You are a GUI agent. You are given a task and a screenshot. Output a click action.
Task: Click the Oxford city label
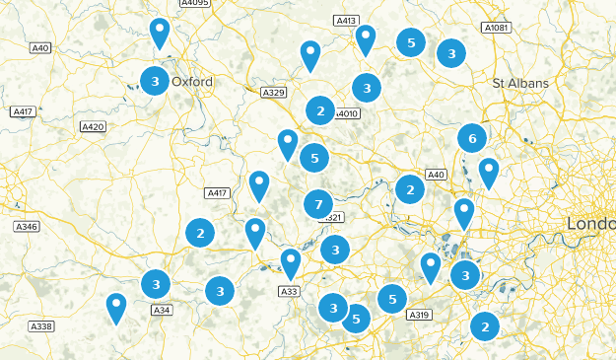point(192,82)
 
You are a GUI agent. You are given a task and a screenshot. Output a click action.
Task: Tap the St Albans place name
point(520,84)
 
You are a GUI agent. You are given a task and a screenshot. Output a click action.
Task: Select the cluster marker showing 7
point(317,204)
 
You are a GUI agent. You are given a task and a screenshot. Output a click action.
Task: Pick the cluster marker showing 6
point(472,138)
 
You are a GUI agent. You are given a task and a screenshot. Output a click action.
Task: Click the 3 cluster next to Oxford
point(153,80)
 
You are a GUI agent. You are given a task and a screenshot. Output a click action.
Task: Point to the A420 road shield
point(93,126)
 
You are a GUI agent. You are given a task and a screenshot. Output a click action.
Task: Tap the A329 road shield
point(273,92)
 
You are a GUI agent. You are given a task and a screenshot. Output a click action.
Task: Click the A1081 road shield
point(498,29)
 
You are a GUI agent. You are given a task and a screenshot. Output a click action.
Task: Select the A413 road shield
point(345,20)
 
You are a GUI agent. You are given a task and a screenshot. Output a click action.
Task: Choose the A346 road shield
point(27,227)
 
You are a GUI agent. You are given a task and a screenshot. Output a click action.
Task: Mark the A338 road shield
point(40,326)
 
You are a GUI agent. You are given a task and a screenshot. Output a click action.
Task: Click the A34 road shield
point(162,310)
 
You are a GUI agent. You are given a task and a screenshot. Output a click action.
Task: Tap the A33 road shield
point(289,291)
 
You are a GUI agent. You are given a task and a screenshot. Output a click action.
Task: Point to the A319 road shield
point(418,315)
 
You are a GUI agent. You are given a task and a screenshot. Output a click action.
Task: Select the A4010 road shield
point(346,113)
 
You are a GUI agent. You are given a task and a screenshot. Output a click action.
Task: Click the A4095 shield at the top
point(195,4)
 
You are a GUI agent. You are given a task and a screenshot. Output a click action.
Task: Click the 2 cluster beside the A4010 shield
point(319,110)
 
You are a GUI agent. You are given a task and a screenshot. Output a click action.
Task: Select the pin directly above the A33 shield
point(290,260)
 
